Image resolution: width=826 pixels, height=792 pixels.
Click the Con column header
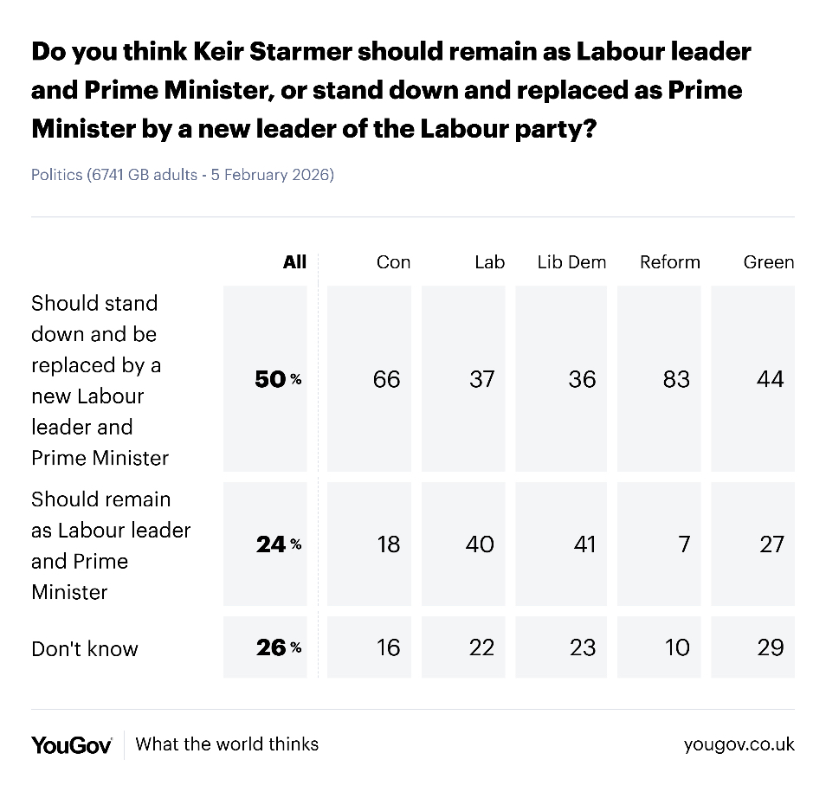pos(393,262)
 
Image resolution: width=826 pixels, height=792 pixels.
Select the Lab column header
pos(489,262)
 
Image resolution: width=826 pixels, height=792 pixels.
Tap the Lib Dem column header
pos(571,262)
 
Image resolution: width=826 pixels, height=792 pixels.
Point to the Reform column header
pos(669,262)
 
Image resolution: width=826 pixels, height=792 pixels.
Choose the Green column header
pos(769,262)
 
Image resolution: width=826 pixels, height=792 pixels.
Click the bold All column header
pos(294,262)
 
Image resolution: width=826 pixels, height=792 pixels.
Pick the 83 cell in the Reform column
pos(675,379)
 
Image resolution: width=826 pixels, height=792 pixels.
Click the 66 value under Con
pos(386,379)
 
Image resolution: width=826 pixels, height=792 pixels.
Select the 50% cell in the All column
pos(278,379)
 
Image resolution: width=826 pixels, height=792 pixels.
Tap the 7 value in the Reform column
pos(683,544)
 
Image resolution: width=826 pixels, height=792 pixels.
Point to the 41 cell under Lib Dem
pos(582,544)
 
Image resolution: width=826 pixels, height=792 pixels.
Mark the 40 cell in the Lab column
pos(480,544)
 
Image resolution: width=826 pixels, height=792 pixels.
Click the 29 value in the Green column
pos(770,647)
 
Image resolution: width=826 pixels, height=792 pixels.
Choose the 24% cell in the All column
pos(278,544)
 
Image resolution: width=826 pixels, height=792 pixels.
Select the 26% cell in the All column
pos(278,647)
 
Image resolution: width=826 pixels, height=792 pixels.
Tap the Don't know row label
pos(85,649)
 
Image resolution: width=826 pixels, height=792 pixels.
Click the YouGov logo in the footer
pos(72,744)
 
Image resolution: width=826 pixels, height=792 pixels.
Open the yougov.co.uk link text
pos(739,744)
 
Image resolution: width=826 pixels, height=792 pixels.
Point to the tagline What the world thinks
pos(227,744)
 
